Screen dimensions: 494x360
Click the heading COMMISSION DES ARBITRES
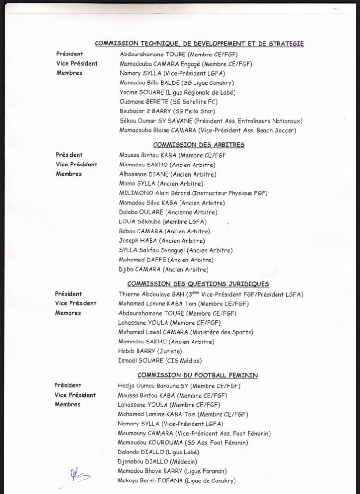(198, 145)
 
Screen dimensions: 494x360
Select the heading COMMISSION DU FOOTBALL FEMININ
(198, 375)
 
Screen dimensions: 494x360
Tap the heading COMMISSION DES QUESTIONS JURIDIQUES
(198, 284)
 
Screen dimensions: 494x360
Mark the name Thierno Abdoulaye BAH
(150, 294)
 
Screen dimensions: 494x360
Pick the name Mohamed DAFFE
(139, 260)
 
